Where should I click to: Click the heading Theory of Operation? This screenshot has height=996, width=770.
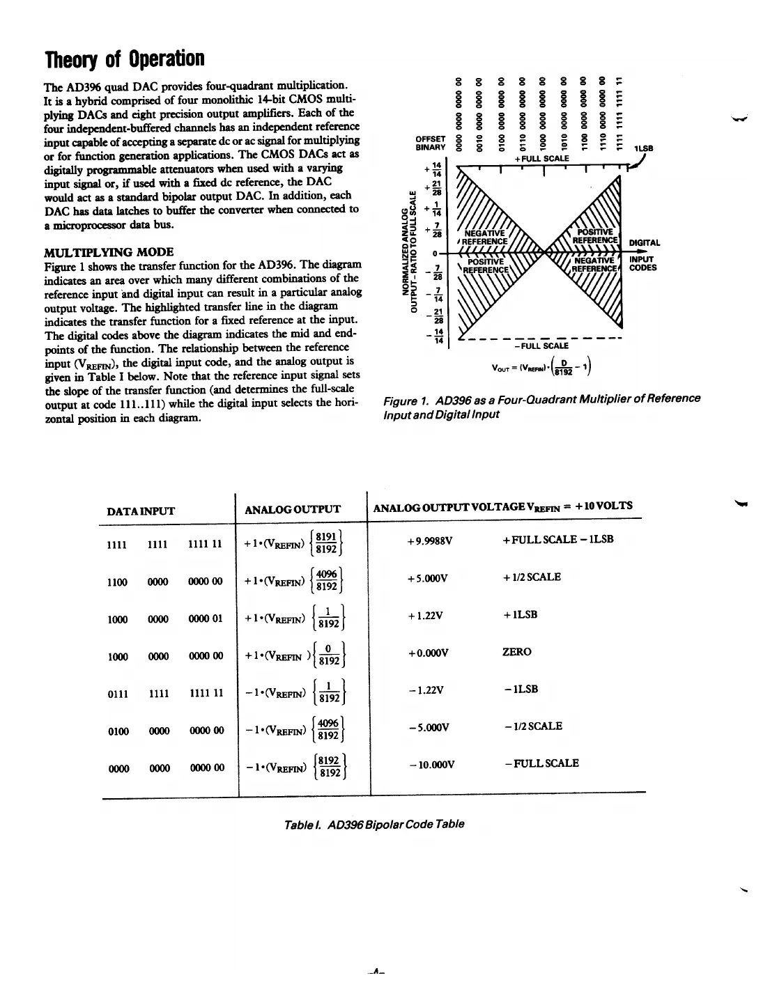click(125, 59)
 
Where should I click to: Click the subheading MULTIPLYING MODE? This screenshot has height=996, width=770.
click(109, 251)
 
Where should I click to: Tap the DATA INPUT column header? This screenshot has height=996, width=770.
click(140, 511)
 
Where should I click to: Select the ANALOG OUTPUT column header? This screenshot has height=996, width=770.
click(293, 509)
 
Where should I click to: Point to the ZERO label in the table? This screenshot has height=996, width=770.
click(516, 652)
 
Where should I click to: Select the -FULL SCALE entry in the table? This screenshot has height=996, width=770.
click(541, 763)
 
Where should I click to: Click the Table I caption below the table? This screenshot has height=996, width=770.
click(374, 824)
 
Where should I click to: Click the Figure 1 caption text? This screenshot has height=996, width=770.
click(541, 405)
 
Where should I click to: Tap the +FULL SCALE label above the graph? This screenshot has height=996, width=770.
click(541, 158)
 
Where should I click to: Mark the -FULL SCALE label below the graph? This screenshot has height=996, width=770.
click(541, 345)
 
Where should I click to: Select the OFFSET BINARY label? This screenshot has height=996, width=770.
click(430, 143)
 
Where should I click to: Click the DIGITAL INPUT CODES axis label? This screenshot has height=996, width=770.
click(644, 255)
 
